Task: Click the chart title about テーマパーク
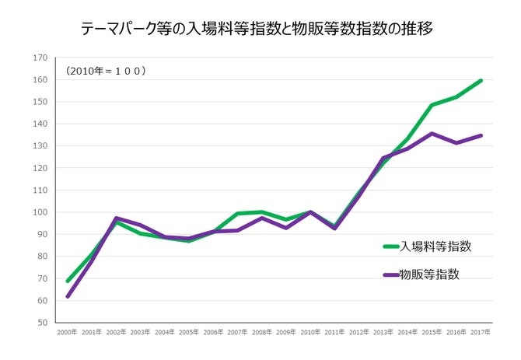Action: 257,30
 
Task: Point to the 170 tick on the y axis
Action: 40,58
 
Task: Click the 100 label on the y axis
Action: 40,212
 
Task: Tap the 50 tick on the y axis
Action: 42,323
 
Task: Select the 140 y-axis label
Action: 40,124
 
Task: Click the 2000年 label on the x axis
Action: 68,333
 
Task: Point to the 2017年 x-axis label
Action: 481,333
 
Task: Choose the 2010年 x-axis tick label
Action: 311,333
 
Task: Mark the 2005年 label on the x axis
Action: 190,333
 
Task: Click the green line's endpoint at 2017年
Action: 481,80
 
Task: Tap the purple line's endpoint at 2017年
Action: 481,135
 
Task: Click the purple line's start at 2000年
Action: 68,296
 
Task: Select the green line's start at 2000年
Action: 68,281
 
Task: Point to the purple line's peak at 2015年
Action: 432,133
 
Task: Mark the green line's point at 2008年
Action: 263,211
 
